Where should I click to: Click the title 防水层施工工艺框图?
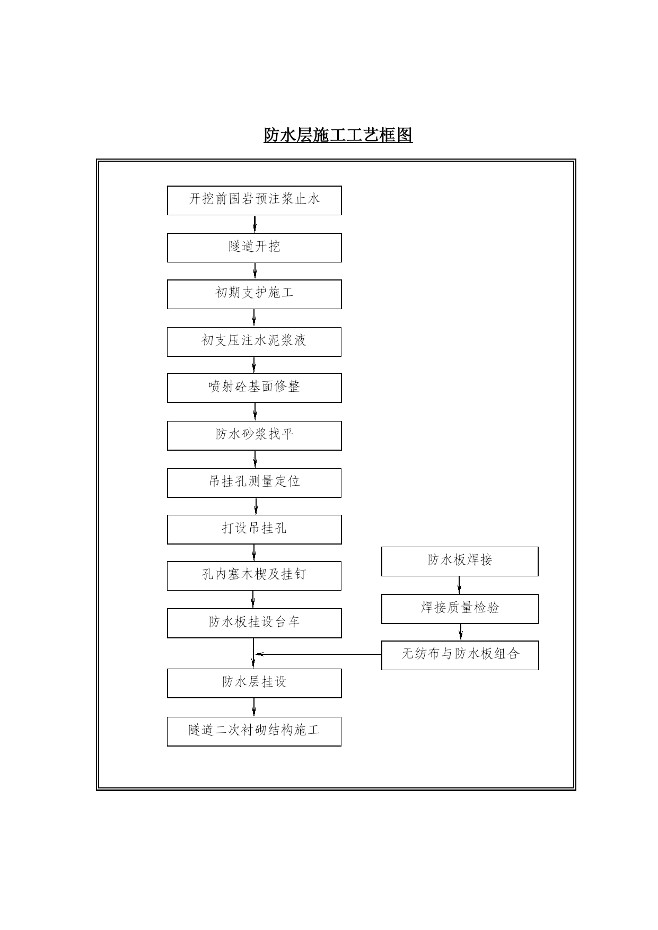(338, 135)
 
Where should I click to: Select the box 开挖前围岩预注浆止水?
(255, 200)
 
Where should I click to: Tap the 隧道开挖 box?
(255, 248)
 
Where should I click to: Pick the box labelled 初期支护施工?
(255, 294)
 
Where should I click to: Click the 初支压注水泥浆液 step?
(255, 341)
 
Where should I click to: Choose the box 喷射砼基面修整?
(255, 388)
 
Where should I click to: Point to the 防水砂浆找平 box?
(255, 436)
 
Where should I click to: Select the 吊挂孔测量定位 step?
(255, 482)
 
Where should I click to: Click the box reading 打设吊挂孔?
(255, 529)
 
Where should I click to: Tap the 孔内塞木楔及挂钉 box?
(255, 576)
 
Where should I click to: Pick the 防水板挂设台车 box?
(255, 623)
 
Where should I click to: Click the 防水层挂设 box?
(255, 683)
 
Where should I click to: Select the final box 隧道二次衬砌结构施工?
(255, 732)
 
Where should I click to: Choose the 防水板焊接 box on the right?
(460, 561)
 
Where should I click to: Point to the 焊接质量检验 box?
(460, 609)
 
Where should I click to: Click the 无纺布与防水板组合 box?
(460, 655)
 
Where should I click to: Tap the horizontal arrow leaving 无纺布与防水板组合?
(318, 654)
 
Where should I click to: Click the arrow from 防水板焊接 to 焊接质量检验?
(459, 585)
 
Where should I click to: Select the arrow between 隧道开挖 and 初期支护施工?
(255, 271)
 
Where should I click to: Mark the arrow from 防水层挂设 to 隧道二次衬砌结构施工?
(254, 707)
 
